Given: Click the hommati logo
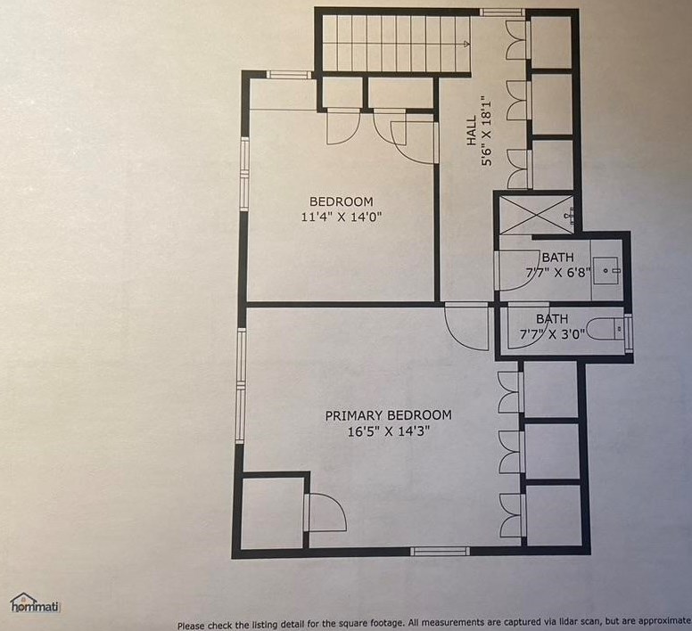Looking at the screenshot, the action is point(35,602).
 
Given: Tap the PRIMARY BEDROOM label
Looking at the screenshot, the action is point(389,415).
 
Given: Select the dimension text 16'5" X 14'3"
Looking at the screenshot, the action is point(389,431).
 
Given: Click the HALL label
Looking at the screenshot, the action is point(472,130).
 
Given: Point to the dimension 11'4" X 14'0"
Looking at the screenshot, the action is point(342,217).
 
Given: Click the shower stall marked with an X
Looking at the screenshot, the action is point(536,215).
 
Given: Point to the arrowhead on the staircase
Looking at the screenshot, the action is point(466,44).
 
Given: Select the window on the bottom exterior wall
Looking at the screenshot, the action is point(440,551).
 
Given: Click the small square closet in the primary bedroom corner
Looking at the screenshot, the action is point(273,512).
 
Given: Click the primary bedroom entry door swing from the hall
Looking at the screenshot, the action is point(466,327).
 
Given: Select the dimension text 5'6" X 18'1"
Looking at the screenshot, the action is point(486,131).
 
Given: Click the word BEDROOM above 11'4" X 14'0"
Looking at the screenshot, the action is point(342,201).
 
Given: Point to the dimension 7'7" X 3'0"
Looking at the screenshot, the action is point(552,335).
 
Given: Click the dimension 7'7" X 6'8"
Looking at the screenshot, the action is point(558,273).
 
